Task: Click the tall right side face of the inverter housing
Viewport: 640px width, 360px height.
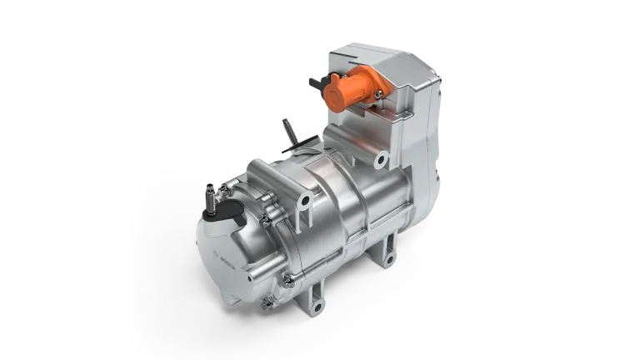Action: coord(425,125)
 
